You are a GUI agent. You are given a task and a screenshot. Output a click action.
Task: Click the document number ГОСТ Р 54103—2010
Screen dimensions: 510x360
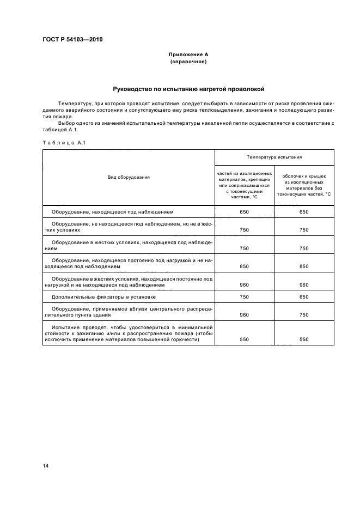coord(73,40)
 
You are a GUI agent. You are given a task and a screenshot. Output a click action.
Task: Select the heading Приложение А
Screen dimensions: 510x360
coord(188,54)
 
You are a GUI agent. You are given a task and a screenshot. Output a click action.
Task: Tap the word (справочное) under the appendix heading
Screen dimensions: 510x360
coord(188,62)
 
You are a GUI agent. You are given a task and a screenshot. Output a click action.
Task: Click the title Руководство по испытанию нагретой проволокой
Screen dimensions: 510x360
coord(188,89)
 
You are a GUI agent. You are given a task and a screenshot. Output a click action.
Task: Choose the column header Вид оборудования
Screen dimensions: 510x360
coord(129,177)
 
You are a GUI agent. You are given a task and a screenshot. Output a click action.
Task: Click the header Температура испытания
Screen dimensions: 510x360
coord(274,157)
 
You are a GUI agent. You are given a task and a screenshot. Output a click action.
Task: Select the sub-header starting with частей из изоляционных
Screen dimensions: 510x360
coord(244,184)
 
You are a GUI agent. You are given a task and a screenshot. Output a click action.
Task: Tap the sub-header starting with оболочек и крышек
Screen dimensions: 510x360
coord(304,184)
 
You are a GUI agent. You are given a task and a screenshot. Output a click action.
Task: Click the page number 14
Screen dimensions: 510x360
coord(45,465)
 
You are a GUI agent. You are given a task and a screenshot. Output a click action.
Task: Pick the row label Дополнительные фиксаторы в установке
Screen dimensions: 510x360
coord(103,297)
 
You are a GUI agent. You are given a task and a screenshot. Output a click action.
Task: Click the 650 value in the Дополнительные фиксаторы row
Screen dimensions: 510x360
coord(304,297)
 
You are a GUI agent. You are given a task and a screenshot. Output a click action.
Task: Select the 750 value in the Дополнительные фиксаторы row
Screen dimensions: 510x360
coord(244,297)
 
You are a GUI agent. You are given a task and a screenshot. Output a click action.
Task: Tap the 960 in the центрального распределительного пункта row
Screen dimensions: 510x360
coord(244,315)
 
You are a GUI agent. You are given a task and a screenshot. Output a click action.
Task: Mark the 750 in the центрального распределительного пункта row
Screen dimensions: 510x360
coord(304,315)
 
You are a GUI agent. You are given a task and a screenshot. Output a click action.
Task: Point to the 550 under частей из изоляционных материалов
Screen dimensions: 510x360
coord(244,339)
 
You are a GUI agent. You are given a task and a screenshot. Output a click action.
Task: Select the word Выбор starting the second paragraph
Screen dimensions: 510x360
coord(66,123)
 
